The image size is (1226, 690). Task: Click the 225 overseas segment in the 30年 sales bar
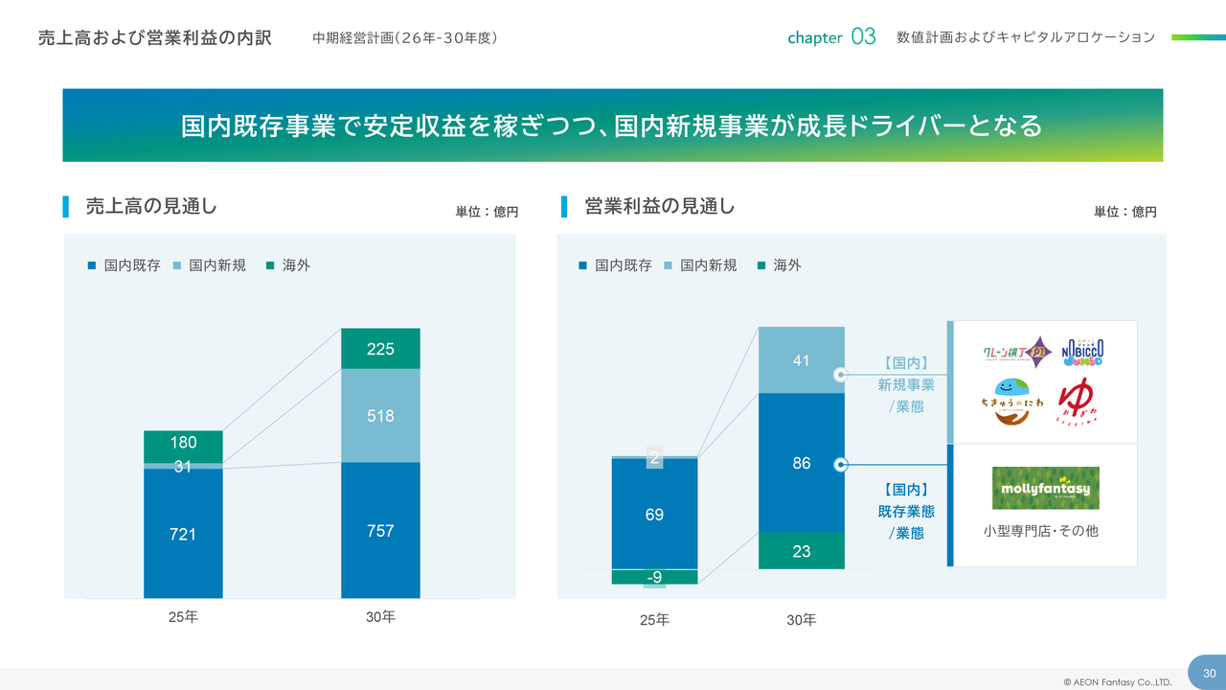(x=380, y=349)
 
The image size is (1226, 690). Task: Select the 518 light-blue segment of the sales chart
(x=380, y=416)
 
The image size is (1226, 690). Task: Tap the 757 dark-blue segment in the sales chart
(x=380, y=530)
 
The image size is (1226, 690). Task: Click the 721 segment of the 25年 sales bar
(x=183, y=533)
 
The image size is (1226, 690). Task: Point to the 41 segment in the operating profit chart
(x=801, y=360)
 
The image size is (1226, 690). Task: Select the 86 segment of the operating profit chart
(x=801, y=463)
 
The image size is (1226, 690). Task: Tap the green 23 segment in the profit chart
(x=801, y=551)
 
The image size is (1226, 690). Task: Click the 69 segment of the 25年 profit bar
(x=654, y=515)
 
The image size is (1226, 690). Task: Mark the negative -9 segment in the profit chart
(x=654, y=577)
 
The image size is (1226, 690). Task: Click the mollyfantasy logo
(x=1045, y=488)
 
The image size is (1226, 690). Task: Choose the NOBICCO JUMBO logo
(x=1082, y=353)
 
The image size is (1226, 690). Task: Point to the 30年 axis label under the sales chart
(x=380, y=617)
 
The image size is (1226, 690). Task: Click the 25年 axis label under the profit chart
(x=654, y=620)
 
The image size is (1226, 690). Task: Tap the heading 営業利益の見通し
(x=659, y=206)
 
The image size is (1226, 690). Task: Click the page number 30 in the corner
(x=1209, y=673)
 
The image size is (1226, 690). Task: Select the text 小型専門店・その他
(x=1040, y=530)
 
